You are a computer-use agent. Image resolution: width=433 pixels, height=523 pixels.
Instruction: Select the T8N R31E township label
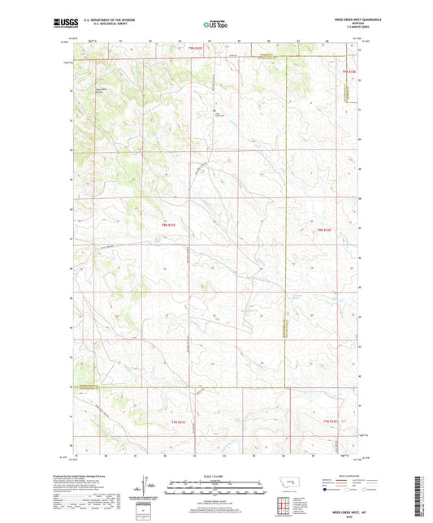click(x=168, y=223)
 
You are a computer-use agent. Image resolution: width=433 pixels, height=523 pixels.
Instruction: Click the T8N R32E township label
click(x=323, y=231)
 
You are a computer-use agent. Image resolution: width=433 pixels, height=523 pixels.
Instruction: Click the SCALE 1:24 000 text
click(x=216, y=476)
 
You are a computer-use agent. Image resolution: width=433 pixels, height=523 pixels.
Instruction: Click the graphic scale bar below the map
click(x=216, y=489)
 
